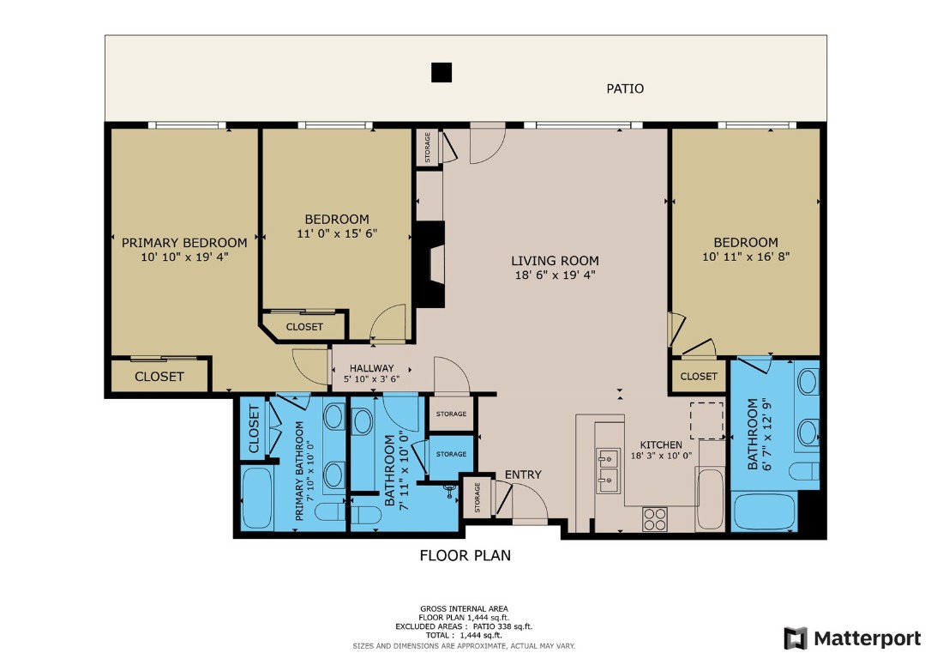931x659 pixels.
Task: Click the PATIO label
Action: (x=624, y=88)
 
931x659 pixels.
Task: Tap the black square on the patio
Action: (x=441, y=73)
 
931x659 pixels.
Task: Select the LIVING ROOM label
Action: (x=555, y=261)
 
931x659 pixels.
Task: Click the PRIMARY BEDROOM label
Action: (x=184, y=243)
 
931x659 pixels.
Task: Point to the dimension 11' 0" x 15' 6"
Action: (x=337, y=233)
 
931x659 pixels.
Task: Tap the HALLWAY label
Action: (x=371, y=368)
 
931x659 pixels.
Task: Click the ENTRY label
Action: (x=522, y=475)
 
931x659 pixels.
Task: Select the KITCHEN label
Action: (x=662, y=444)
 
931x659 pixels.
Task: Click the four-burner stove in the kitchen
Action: (x=655, y=518)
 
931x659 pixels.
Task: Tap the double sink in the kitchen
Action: (x=609, y=468)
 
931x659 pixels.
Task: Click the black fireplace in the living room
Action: (x=429, y=264)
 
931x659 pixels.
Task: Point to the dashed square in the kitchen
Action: (x=707, y=419)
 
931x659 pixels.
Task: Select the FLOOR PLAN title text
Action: (x=465, y=555)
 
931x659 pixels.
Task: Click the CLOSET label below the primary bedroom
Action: (x=159, y=376)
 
